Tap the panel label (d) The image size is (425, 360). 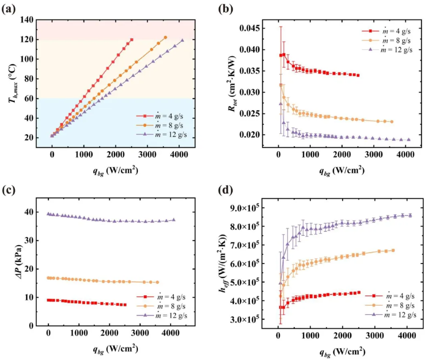click(225, 190)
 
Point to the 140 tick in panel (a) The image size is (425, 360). click(27, 20)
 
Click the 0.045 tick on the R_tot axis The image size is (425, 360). click(250, 28)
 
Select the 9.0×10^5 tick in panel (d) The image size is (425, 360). click(244, 208)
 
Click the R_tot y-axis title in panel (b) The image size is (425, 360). click(232, 83)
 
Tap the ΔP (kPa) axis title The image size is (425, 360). click(19, 262)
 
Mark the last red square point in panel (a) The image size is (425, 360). click(132, 40)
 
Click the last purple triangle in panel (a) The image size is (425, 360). click(182, 40)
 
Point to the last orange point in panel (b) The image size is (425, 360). click(392, 122)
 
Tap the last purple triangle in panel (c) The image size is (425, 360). click(174, 220)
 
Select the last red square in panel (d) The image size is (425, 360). click(359, 293)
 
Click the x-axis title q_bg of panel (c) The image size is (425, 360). click(116, 349)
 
